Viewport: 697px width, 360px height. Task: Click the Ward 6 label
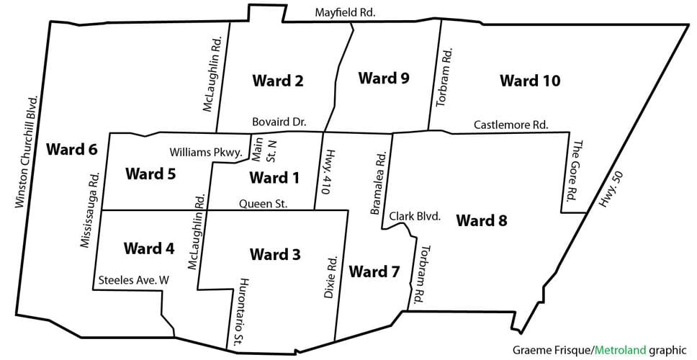click(71, 150)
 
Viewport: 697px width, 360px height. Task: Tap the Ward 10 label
click(530, 81)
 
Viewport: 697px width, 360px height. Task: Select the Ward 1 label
click(273, 177)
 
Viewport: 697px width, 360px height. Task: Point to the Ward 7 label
click(374, 271)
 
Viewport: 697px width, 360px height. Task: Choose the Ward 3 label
click(275, 254)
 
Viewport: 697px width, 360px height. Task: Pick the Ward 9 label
click(384, 78)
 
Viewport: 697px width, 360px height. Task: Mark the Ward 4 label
click(149, 248)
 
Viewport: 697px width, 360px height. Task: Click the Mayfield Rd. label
click(346, 12)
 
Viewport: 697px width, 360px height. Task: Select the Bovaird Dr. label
click(279, 123)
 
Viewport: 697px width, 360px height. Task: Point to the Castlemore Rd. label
click(511, 125)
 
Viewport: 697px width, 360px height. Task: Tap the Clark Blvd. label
click(415, 215)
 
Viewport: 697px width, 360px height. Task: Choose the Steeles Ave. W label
click(133, 281)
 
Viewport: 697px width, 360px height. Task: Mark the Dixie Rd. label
click(330, 276)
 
